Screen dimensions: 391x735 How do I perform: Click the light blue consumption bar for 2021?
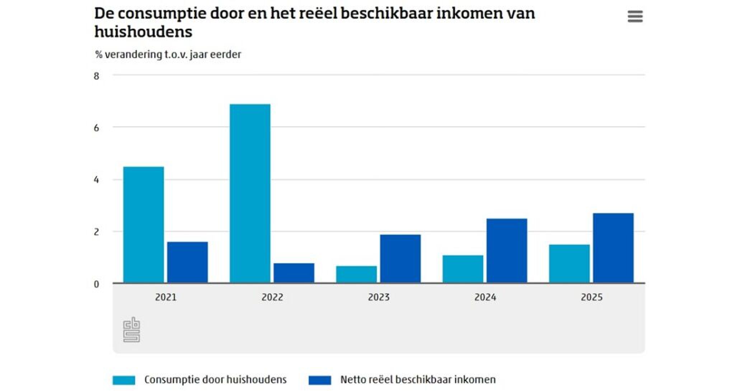(144, 225)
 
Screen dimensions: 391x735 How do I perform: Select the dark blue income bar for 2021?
(187, 262)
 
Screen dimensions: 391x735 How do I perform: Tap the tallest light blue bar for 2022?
(250, 194)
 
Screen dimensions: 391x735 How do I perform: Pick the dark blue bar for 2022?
(294, 273)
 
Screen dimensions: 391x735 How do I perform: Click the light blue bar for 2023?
(356, 274)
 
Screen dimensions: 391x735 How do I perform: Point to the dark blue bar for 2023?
(400, 259)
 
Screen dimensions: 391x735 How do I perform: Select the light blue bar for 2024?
(463, 269)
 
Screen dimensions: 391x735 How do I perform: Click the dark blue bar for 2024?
(507, 251)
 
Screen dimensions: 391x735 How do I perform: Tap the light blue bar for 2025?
(569, 264)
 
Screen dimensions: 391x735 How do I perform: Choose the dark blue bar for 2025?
(613, 248)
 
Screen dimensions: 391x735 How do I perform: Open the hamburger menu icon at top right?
(635, 17)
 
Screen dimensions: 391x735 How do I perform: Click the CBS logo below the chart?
(131, 330)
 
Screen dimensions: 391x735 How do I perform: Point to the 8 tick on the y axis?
(96, 76)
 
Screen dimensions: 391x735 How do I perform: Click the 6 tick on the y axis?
(96, 128)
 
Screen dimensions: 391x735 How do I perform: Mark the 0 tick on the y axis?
(96, 284)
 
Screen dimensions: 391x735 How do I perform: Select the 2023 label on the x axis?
(379, 297)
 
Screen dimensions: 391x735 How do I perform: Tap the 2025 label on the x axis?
(591, 297)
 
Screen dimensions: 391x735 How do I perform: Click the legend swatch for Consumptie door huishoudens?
(124, 380)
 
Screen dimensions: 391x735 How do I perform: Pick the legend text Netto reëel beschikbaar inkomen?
(418, 380)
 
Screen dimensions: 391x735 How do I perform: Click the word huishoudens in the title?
(143, 32)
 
